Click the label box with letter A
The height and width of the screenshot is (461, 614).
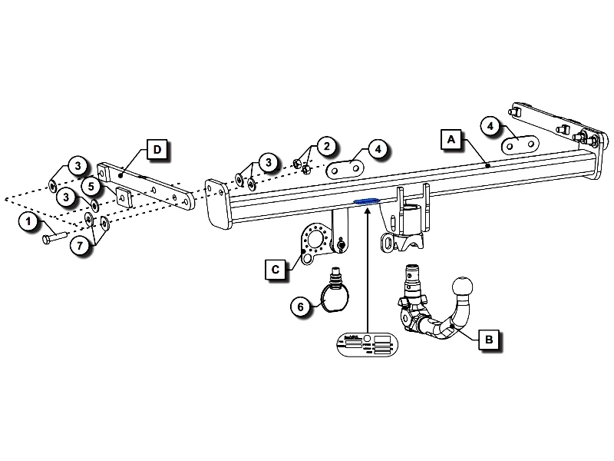[x=451, y=139]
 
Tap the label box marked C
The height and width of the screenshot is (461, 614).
[x=275, y=269]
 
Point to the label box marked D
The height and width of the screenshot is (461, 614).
[x=157, y=149]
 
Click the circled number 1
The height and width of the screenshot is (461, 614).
[x=29, y=222]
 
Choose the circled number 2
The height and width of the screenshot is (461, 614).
[x=325, y=146]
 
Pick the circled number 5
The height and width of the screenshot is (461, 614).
[x=91, y=186]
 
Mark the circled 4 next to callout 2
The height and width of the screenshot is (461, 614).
[x=376, y=148]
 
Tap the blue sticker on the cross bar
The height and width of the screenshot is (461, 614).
[x=367, y=201]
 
